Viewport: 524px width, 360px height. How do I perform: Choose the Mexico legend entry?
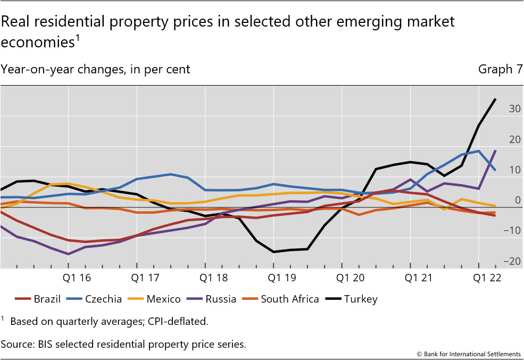155,299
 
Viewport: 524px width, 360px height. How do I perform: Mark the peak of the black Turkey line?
496,99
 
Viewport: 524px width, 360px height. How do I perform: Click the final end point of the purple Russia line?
496,151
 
